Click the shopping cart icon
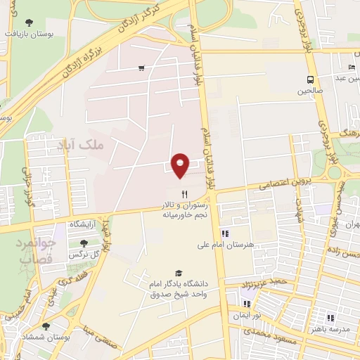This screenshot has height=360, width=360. click(x=142, y=68)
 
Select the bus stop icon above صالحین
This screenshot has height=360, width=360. click(x=310, y=79)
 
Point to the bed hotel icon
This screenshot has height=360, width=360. click(x=352, y=67)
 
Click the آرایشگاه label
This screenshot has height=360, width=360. click(x=82, y=223)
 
